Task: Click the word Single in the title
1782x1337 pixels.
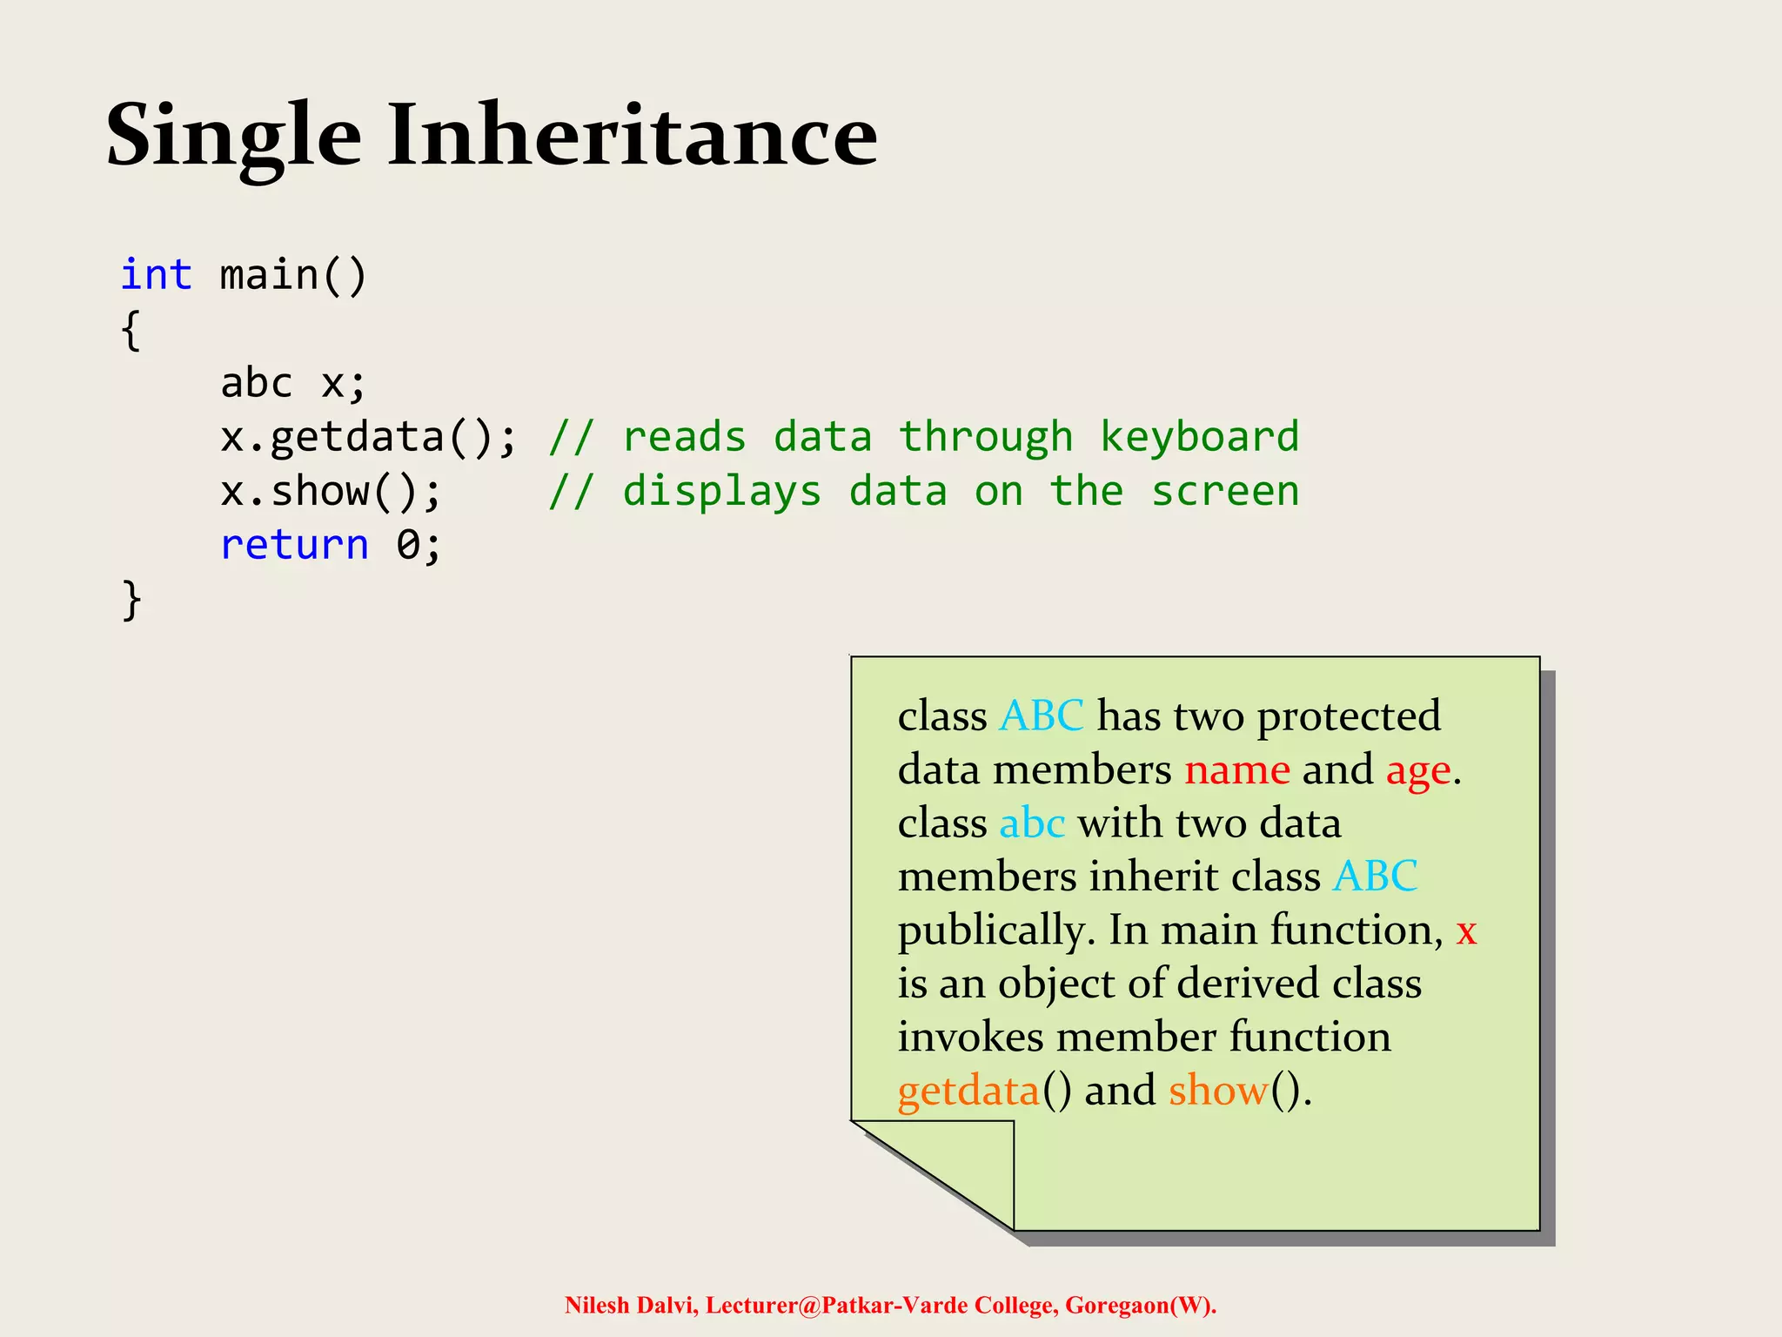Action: point(233,138)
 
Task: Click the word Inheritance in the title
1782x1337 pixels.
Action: point(633,136)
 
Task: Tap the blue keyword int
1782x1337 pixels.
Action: point(157,275)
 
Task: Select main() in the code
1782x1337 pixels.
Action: point(293,275)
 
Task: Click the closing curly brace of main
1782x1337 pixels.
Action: point(131,601)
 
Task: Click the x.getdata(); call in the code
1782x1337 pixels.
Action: point(368,437)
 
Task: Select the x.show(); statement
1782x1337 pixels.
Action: point(331,492)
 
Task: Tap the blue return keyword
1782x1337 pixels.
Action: point(294,546)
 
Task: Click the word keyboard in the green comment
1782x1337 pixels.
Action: point(1199,437)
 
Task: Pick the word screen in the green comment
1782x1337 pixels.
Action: point(1225,492)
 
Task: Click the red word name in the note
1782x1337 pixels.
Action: point(1236,770)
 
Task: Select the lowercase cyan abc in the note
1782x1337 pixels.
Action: point(1032,823)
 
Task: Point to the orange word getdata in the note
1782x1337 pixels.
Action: point(968,1092)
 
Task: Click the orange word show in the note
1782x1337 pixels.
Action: point(1218,1091)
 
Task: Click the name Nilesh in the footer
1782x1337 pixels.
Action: point(597,1306)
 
